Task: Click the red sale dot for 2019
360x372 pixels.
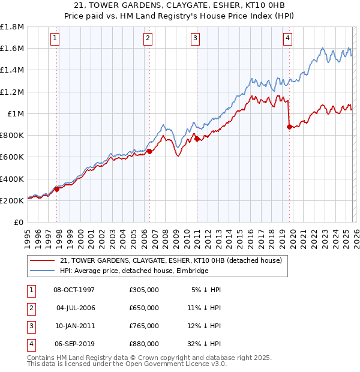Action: (289, 127)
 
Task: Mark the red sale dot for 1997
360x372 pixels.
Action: (57, 189)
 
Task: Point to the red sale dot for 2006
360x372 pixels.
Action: (149, 152)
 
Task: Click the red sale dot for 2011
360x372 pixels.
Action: (197, 139)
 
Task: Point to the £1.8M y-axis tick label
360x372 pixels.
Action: (12, 27)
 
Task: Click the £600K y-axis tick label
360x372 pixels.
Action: (12, 157)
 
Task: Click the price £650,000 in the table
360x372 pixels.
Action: (143, 307)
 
